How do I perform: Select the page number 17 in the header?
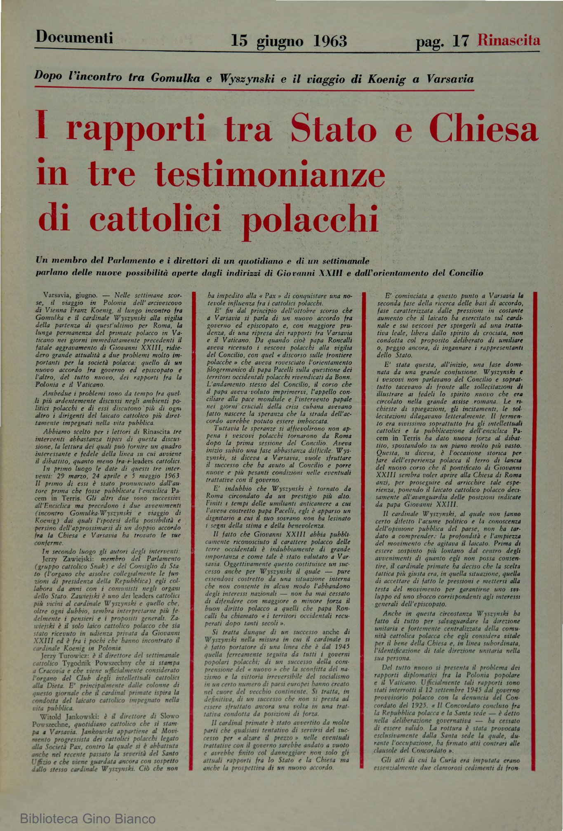461,41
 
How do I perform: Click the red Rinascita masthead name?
509,40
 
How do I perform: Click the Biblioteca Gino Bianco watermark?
88,819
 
